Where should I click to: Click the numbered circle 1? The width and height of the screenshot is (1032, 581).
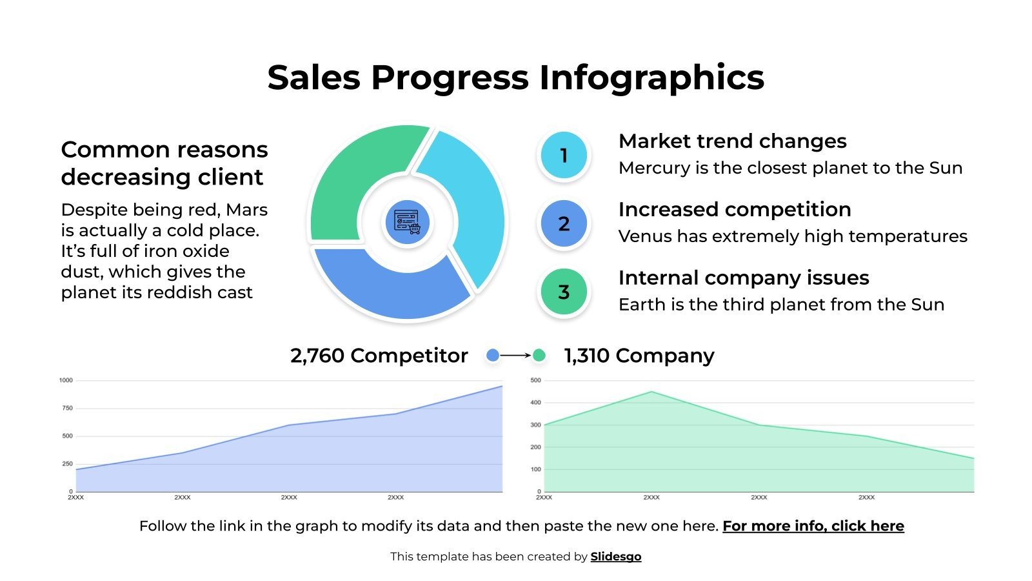[564, 155]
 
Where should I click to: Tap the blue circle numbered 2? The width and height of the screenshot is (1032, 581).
[564, 223]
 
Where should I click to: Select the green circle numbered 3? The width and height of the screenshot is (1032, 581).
[564, 292]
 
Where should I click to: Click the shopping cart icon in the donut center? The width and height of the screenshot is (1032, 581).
[407, 221]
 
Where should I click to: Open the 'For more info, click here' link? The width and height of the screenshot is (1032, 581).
[813, 526]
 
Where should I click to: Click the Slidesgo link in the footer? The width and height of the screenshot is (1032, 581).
[615, 556]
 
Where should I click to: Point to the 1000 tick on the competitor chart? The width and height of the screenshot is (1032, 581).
[66, 380]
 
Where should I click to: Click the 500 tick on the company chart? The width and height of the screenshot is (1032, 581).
[535, 380]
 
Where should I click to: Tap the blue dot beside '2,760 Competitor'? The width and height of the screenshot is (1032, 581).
[493, 355]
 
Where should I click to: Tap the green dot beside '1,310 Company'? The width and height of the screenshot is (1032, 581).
[539, 355]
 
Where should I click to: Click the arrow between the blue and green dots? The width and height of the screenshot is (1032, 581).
[516, 355]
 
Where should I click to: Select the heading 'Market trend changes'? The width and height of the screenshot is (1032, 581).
[732, 141]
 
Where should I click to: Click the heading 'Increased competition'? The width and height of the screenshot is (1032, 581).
[734, 209]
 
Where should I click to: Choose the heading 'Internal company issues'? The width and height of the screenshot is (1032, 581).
[743, 278]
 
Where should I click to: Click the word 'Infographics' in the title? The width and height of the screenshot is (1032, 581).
[651, 77]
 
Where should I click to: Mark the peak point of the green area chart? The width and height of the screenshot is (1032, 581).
[651, 392]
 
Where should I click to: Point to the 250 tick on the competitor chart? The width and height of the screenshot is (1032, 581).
[67, 464]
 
